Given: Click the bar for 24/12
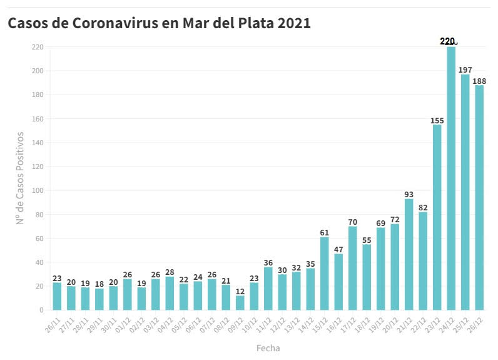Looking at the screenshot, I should [451, 178].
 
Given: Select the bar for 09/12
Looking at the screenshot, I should [240, 303].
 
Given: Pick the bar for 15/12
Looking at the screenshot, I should [324, 274].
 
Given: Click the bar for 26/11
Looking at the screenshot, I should [57, 296].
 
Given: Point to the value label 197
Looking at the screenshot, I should [465, 69].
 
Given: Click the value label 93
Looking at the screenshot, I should [409, 194].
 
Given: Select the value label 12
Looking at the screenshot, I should [240, 291].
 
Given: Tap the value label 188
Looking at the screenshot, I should [479, 81].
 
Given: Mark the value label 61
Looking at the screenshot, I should [324, 232].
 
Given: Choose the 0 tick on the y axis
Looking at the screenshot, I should [41, 310].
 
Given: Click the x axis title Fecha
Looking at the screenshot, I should [268, 348].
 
